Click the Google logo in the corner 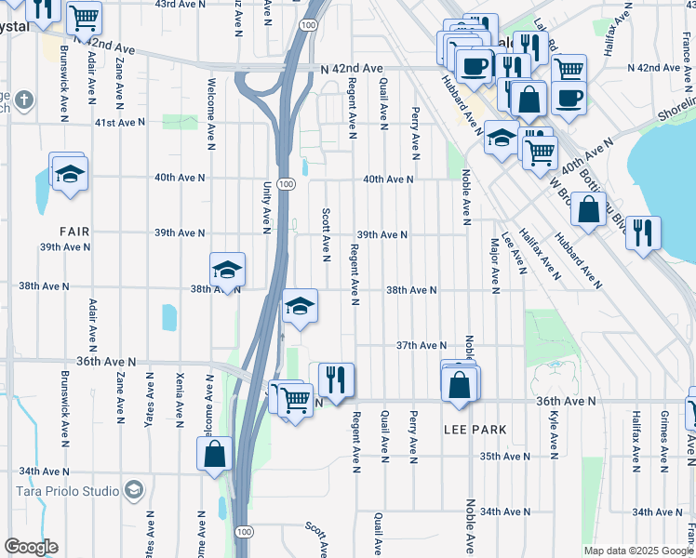pyautogui.click(x=31, y=547)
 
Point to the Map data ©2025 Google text pyautogui.click(x=638, y=551)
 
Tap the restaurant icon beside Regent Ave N pyautogui.click(x=336, y=379)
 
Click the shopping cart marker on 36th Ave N pyautogui.click(x=295, y=400)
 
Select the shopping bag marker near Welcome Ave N pyautogui.click(x=214, y=454)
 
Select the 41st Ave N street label pyautogui.click(x=119, y=122)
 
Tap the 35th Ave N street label pyautogui.click(x=504, y=457)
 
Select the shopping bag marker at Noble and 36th pyautogui.click(x=460, y=385)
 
